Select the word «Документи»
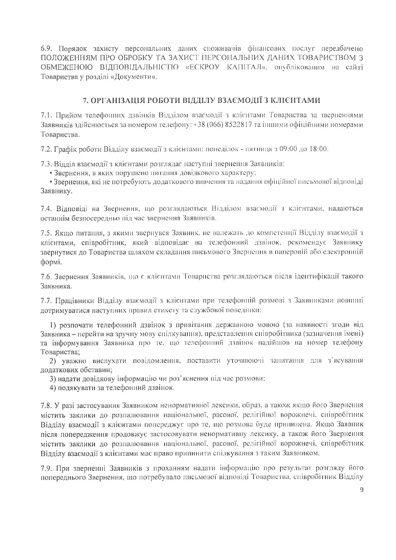pyautogui.click(x=140, y=77)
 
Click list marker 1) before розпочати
pyautogui.click(x=53, y=325)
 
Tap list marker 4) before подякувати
pyautogui.click(x=53, y=388)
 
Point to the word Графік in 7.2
pyautogui.click(x=64, y=149)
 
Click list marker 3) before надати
pyautogui.click(x=53, y=379)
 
